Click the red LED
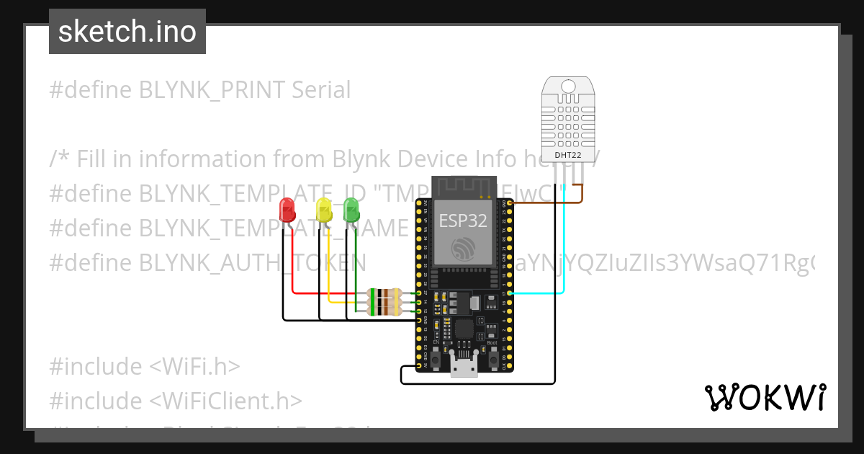pos(287,210)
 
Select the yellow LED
pos(324,210)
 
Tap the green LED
pos(351,210)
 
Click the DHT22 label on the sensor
pos(567,154)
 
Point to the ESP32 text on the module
pos(463,220)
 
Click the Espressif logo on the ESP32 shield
pos(463,249)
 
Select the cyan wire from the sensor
pos(563,245)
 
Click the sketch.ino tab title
pos(127,32)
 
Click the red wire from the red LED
pos(292,267)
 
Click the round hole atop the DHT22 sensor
pos(568,86)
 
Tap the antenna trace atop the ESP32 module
pos(463,186)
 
